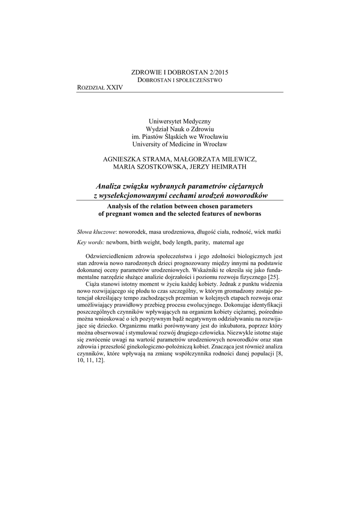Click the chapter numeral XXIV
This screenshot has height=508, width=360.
click(115, 87)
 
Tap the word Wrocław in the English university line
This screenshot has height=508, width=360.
click(215, 144)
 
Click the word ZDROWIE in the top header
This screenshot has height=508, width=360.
click(145, 72)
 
